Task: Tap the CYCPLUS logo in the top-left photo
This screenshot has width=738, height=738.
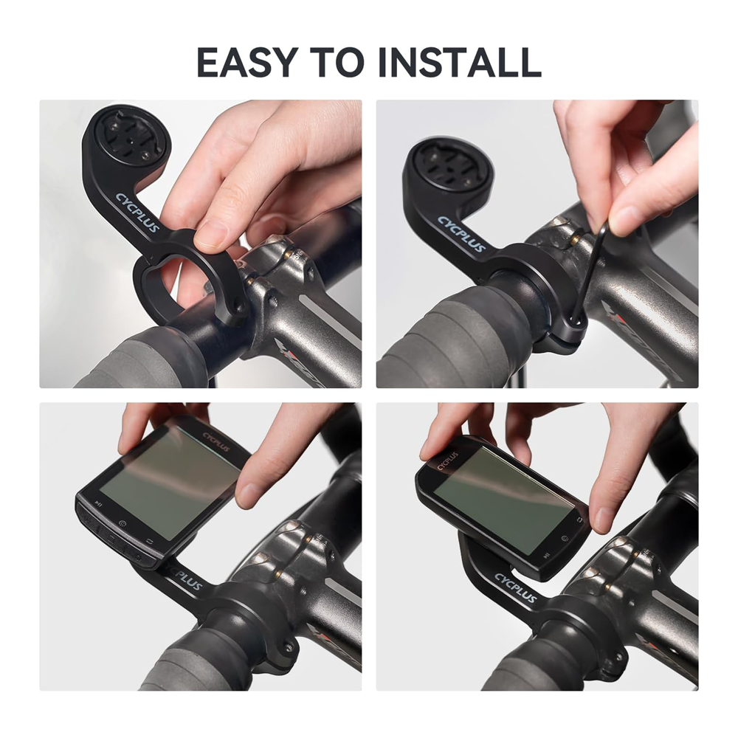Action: [138, 213]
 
